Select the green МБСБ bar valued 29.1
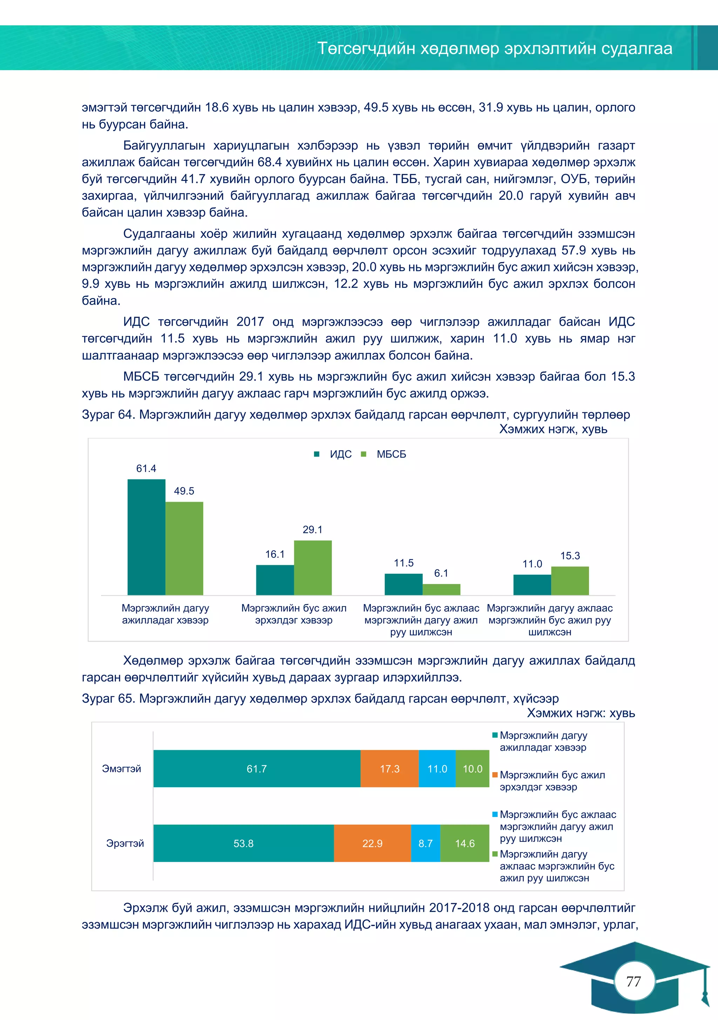tap(312, 567)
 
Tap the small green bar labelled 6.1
tap(441, 589)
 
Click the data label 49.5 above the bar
tap(184, 491)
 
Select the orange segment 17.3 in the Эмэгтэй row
tap(389, 769)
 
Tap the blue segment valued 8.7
tap(425, 843)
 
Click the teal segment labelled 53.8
tap(243, 843)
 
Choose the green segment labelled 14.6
tap(465, 843)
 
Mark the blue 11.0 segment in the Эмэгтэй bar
tap(437, 769)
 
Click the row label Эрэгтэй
tap(125, 843)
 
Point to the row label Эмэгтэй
tap(121, 769)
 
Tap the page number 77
tap(634, 981)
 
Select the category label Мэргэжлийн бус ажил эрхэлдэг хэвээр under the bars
tap(294, 614)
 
